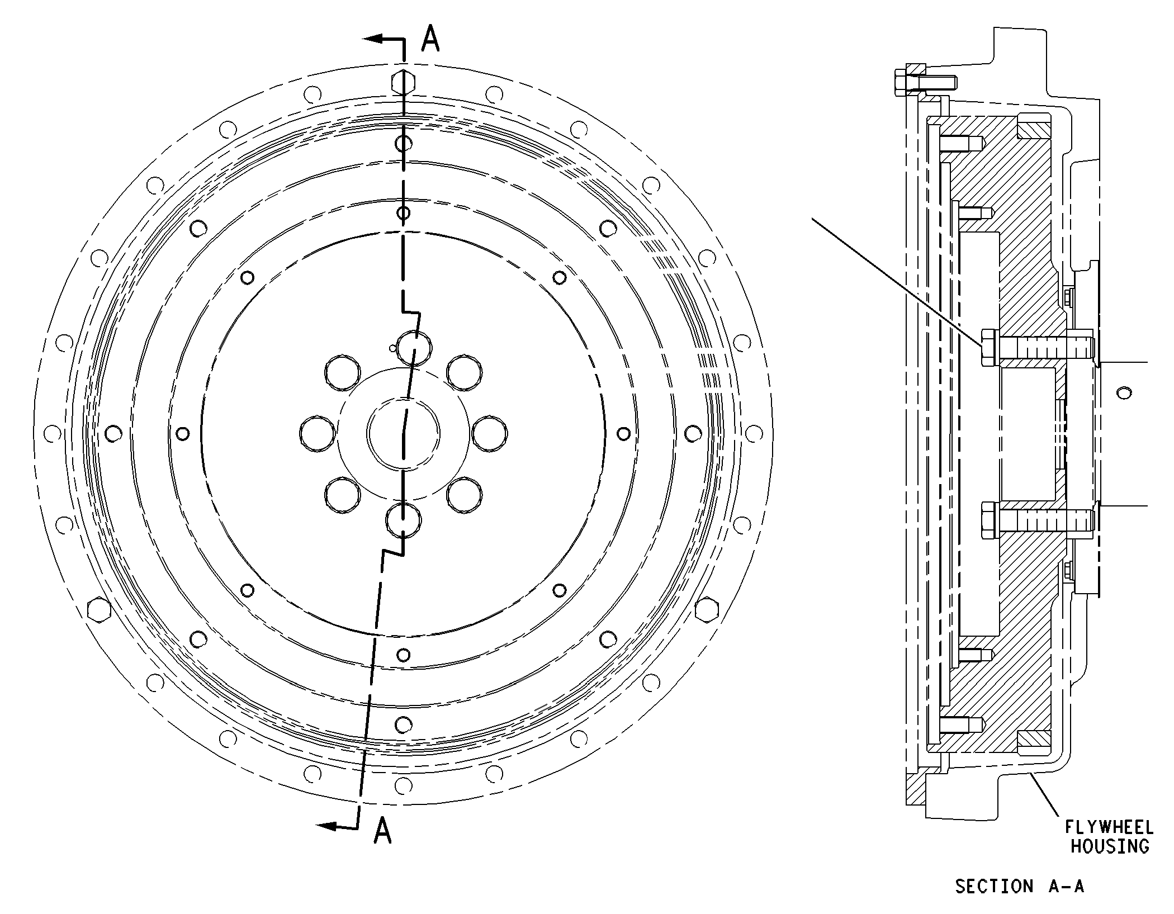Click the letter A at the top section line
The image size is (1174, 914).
(x=430, y=38)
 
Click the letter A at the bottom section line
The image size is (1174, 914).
(x=382, y=830)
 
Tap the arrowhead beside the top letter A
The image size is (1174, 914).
(x=373, y=39)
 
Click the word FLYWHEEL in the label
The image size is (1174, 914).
(x=1109, y=827)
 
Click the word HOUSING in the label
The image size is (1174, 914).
(x=1109, y=846)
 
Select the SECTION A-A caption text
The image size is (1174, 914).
(x=1019, y=886)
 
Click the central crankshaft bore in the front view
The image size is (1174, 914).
(x=403, y=433)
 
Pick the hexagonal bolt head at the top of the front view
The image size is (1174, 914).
(x=403, y=83)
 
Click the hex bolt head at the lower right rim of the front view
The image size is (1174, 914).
(x=707, y=609)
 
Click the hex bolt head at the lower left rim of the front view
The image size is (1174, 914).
(x=100, y=609)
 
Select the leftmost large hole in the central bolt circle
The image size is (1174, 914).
(x=318, y=433)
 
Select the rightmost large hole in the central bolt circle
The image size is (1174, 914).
(x=490, y=433)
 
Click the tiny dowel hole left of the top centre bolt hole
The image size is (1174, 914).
(x=392, y=349)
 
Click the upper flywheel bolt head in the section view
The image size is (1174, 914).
(x=990, y=347)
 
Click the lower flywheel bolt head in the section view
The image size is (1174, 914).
(x=990, y=520)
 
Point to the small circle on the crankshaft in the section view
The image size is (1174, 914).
(x=1123, y=392)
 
